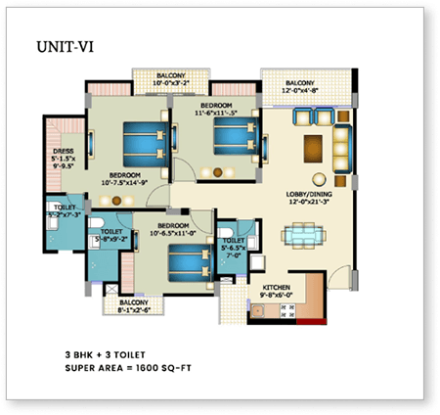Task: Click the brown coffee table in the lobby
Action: (x=313, y=148)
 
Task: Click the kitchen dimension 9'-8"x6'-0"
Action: (x=277, y=297)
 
